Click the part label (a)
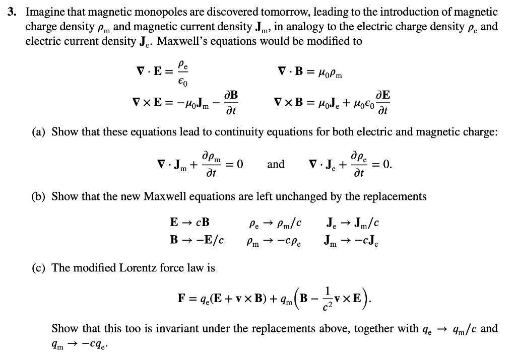pyautogui.click(x=39, y=132)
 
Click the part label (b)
pyautogui.click(x=39, y=196)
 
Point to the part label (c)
pyautogui.click(x=39, y=268)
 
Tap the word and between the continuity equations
pyautogui.click(x=276, y=164)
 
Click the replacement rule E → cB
pyautogui.click(x=190, y=222)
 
